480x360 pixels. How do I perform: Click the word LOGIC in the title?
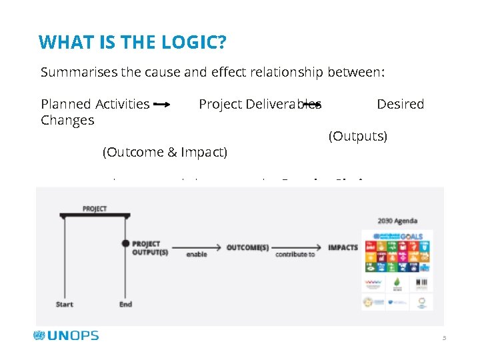tap(194, 43)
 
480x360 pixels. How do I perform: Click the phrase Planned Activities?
tap(95, 104)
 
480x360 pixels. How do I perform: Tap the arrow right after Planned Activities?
tap(162, 105)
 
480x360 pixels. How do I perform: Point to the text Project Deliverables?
tap(260, 104)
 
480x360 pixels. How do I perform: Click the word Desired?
tap(400, 104)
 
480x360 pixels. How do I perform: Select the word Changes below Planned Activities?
tap(67, 121)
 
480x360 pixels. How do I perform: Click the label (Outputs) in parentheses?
tap(358, 137)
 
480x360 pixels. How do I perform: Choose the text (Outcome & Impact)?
tap(165, 153)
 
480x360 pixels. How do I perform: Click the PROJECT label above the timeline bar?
tap(95, 209)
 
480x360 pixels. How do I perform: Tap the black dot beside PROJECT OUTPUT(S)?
tap(125, 243)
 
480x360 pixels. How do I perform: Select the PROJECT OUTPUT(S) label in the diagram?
tap(150, 247)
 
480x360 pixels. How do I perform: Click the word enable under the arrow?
tap(196, 255)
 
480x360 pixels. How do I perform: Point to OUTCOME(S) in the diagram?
tap(247, 247)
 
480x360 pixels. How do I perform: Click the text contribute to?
tap(295, 255)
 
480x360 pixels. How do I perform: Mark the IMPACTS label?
tap(343, 247)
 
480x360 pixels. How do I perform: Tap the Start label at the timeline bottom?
tap(65, 305)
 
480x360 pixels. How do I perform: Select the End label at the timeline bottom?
tap(125, 305)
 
